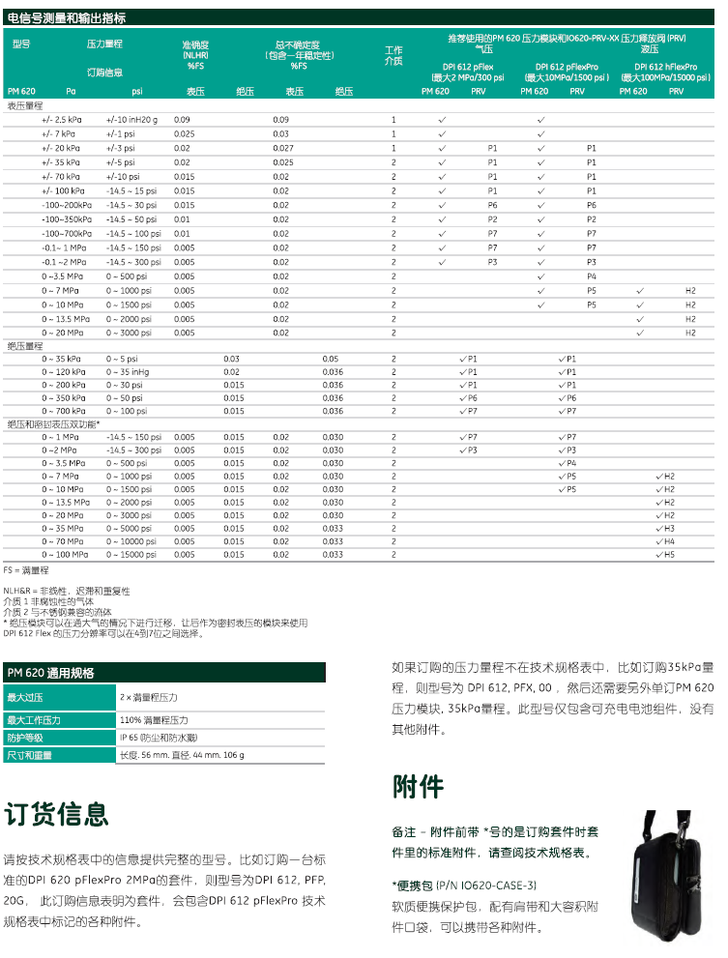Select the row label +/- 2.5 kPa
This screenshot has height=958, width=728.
pyautogui.click(x=60, y=119)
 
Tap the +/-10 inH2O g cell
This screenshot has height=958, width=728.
pyautogui.click(x=131, y=119)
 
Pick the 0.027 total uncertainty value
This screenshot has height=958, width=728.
pyautogui.click(x=282, y=148)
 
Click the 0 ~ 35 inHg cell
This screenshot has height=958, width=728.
pyautogui.click(x=128, y=372)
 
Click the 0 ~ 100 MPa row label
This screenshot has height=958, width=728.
pyautogui.click(x=64, y=555)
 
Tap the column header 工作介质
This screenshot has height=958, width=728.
pyautogui.click(x=393, y=55)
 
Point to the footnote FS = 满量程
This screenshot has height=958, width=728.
pyautogui.click(x=26, y=571)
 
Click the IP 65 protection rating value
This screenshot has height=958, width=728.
pyautogui.click(x=159, y=738)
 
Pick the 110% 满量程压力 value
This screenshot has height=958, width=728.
pyautogui.click(x=154, y=720)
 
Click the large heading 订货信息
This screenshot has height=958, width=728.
pyautogui.click(x=57, y=814)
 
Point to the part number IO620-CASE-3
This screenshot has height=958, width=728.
pyautogui.click(x=495, y=885)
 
